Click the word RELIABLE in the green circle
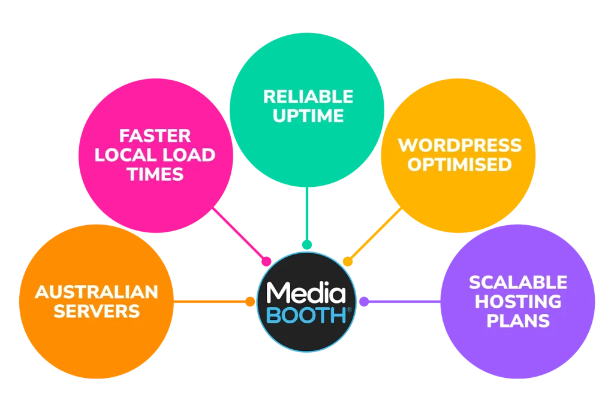click(308, 96)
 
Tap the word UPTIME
click(308, 116)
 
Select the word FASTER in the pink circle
click(155, 136)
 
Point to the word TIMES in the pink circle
click(155, 174)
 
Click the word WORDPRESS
click(460, 146)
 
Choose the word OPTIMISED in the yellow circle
click(460, 165)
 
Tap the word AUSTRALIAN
click(97, 292)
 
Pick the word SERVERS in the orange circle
click(97, 311)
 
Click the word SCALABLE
click(518, 282)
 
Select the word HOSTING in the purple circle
click(518, 301)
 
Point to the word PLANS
click(518, 321)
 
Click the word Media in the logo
click(306, 293)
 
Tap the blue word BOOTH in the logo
click(306, 315)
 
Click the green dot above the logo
click(307, 245)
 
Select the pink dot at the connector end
click(266, 261)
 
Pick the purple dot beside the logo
click(364, 301)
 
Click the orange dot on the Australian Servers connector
click(250, 301)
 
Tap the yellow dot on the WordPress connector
click(348, 261)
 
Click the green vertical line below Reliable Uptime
click(307, 214)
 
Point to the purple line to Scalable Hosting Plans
click(405, 301)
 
